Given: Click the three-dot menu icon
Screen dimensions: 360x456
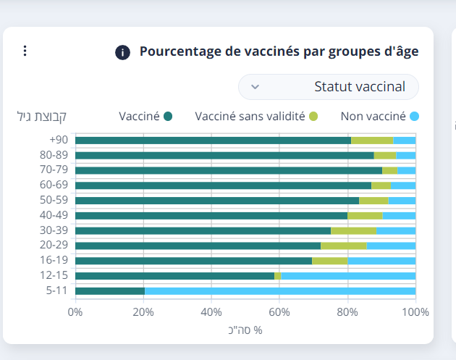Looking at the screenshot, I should coord(25,51).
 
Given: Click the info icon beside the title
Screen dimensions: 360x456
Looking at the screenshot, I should coord(123,52).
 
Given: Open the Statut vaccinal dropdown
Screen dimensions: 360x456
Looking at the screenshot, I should coord(329,87).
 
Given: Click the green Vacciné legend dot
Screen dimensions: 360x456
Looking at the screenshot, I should coord(168,116).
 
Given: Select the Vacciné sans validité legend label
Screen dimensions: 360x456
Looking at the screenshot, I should coord(250,116).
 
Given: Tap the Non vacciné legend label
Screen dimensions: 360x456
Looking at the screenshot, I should coord(373,116).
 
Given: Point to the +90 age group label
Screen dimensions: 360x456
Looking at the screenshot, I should coord(59,140).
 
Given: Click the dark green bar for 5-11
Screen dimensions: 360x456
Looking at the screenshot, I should coord(109,291).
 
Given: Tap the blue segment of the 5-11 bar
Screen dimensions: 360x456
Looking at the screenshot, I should coord(280,291).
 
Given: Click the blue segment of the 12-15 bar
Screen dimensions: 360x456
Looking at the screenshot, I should coord(348,276).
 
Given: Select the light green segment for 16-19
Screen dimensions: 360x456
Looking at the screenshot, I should coord(329,261).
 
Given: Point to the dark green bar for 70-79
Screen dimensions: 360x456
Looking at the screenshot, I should coord(228,170).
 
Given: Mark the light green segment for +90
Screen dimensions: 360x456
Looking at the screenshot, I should coord(372,140).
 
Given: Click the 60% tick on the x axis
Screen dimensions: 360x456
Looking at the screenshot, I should coord(279,312).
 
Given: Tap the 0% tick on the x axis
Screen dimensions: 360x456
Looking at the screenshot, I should coord(75,312).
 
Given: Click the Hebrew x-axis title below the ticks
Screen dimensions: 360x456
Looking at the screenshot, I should coord(245,330).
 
